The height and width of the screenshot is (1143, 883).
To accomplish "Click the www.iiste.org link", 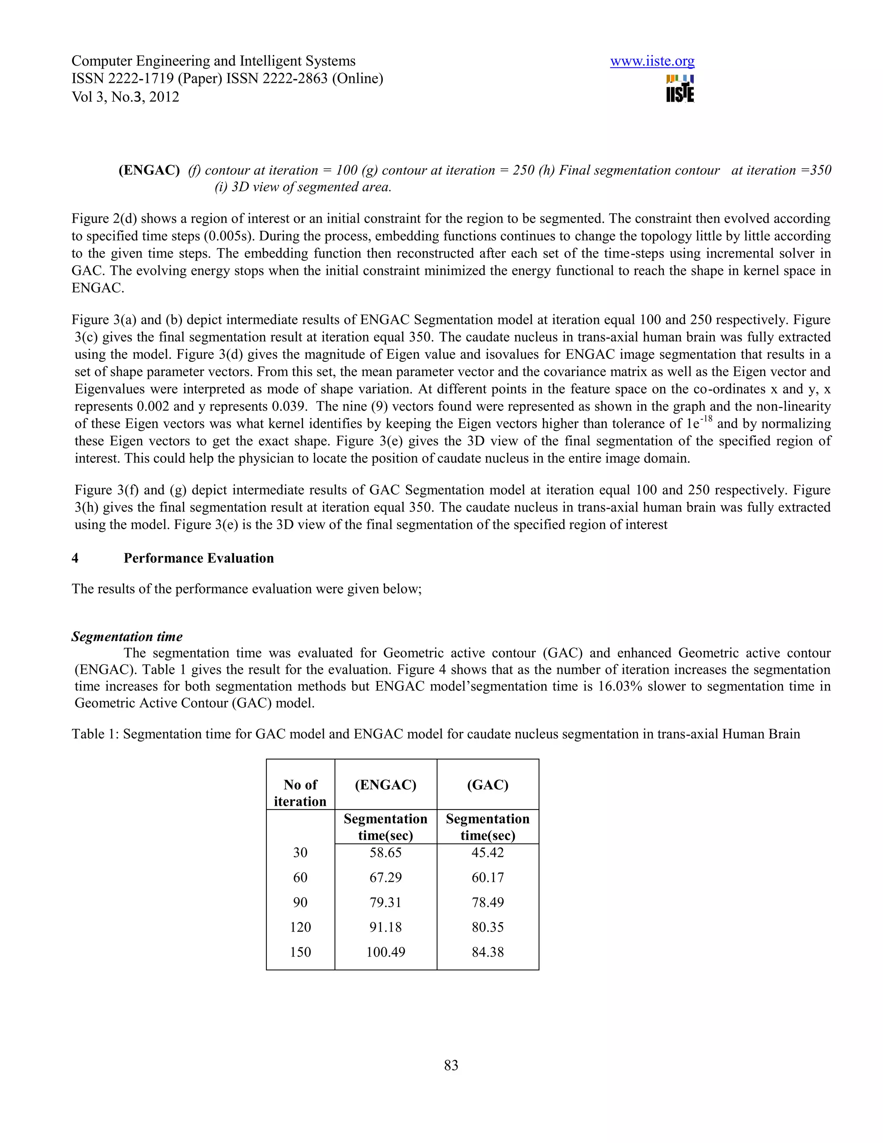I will [x=652, y=61].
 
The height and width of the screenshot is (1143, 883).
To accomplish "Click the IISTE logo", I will [x=680, y=88].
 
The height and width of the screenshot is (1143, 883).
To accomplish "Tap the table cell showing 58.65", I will [x=385, y=853].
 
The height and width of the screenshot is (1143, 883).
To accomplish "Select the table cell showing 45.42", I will [x=488, y=853].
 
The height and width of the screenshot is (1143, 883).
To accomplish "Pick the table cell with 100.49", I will [x=385, y=952].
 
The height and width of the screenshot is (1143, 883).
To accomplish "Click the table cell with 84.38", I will [x=488, y=952].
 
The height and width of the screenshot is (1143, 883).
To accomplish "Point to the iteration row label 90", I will [x=300, y=902].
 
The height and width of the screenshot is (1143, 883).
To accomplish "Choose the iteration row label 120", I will [x=300, y=927].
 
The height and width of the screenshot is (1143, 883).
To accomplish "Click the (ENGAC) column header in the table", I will [x=385, y=785].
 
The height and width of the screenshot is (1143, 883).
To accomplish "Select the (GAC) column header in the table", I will [x=488, y=785].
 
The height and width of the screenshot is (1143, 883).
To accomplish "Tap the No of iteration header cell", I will [x=300, y=793].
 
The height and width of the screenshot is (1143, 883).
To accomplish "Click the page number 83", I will [x=451, y=1065].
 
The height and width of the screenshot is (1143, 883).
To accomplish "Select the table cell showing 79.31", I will [x=385, y=902].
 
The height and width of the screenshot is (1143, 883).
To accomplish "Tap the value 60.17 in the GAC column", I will [x=488, y=877].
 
